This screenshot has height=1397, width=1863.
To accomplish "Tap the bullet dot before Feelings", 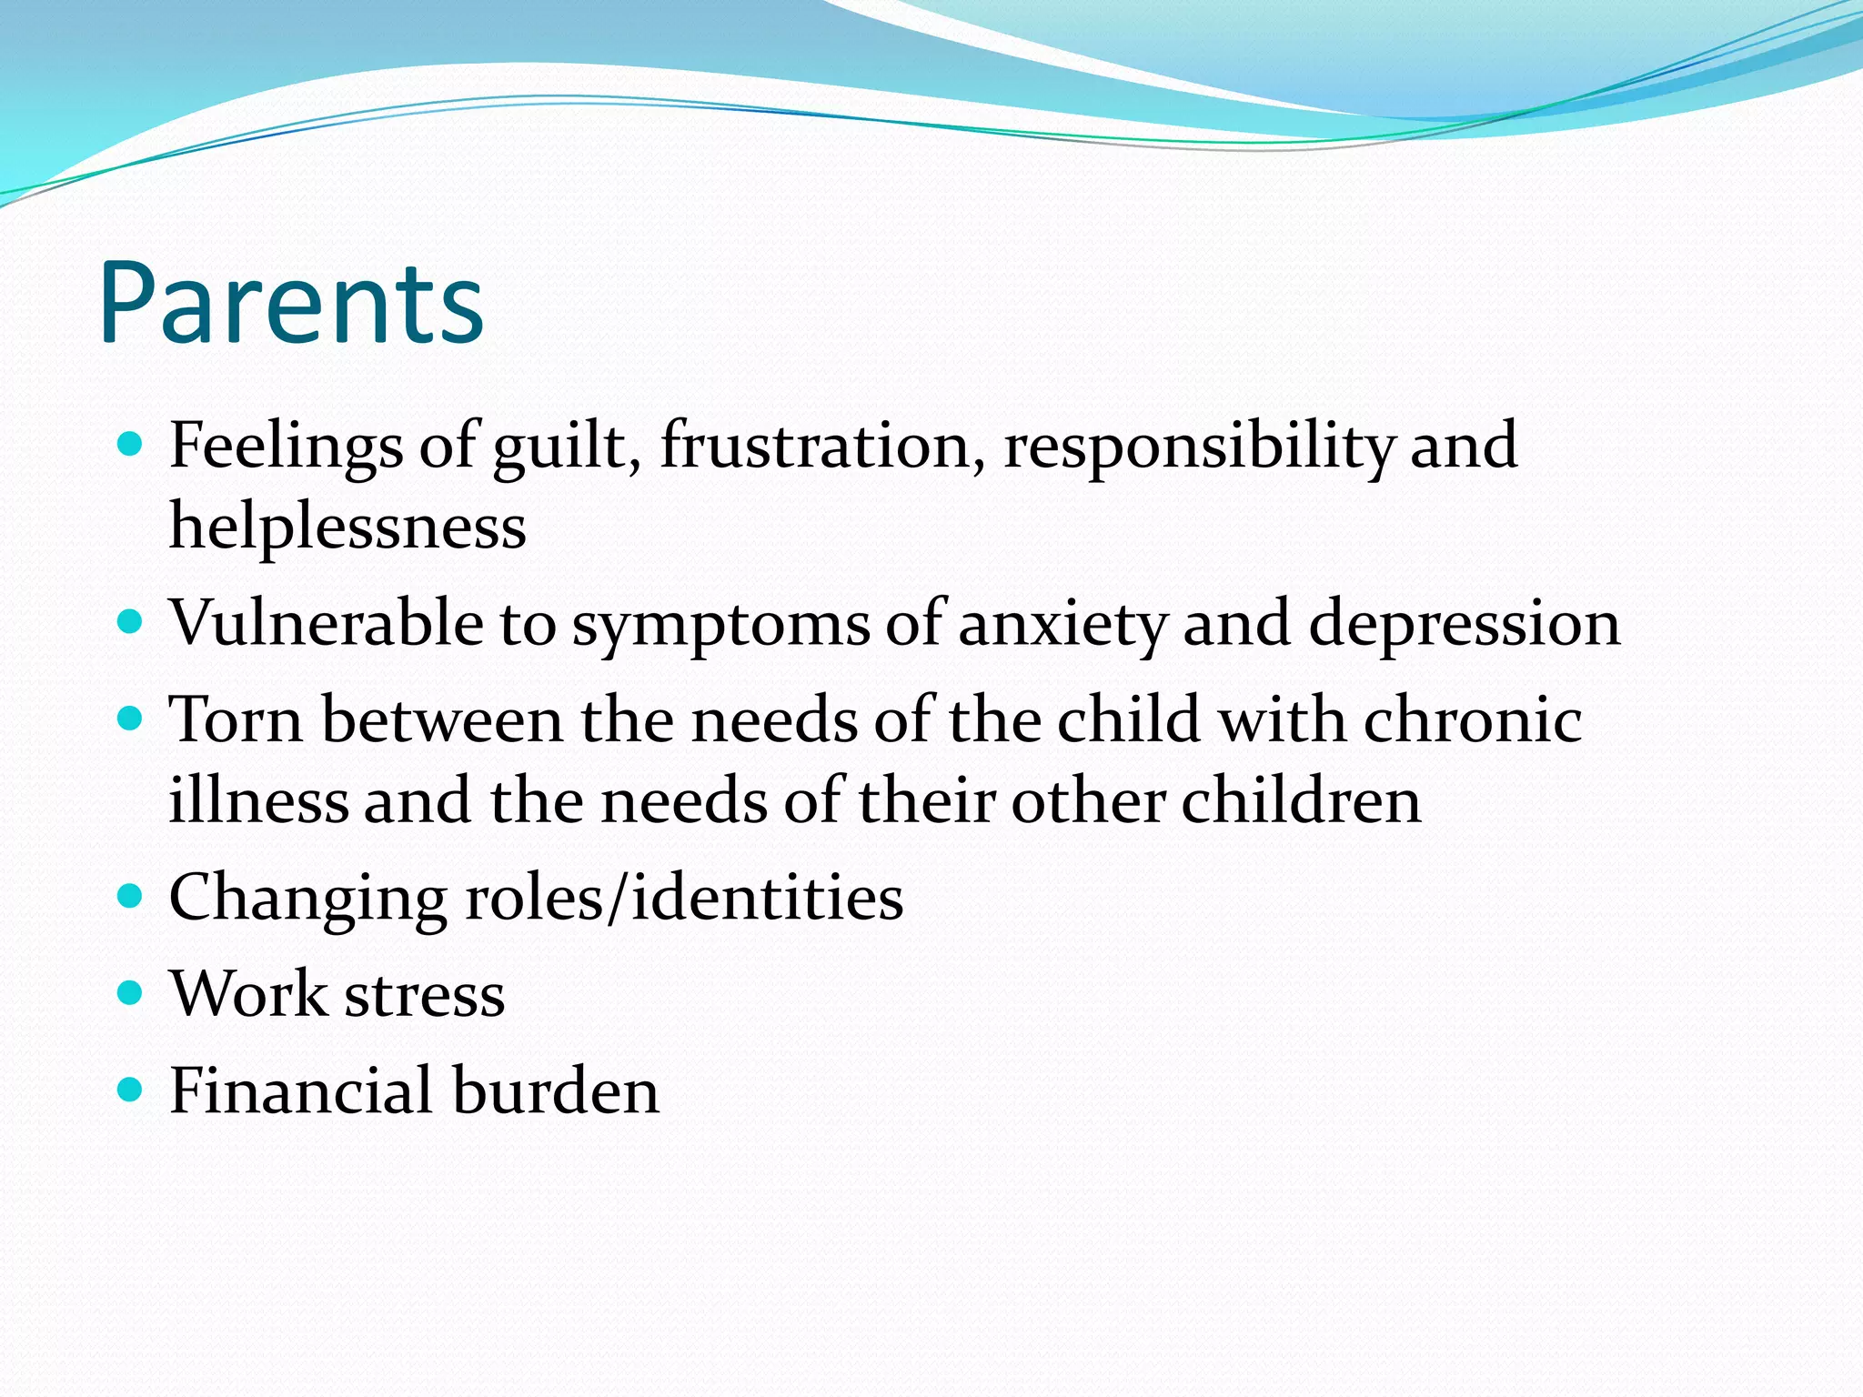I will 131,444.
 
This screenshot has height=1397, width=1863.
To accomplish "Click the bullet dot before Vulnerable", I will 131,622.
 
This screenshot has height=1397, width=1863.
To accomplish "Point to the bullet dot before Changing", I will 131,897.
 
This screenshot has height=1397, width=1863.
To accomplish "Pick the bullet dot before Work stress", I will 131,992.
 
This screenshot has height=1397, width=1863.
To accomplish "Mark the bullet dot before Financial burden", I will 131,1089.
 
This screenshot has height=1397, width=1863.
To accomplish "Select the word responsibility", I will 1198,447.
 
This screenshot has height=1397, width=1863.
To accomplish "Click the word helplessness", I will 347,527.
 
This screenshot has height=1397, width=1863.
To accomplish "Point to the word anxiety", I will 1062,626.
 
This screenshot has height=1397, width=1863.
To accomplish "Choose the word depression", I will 1464,626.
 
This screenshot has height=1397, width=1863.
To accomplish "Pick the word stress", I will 425,994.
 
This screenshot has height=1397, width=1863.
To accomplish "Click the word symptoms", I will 720,626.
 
